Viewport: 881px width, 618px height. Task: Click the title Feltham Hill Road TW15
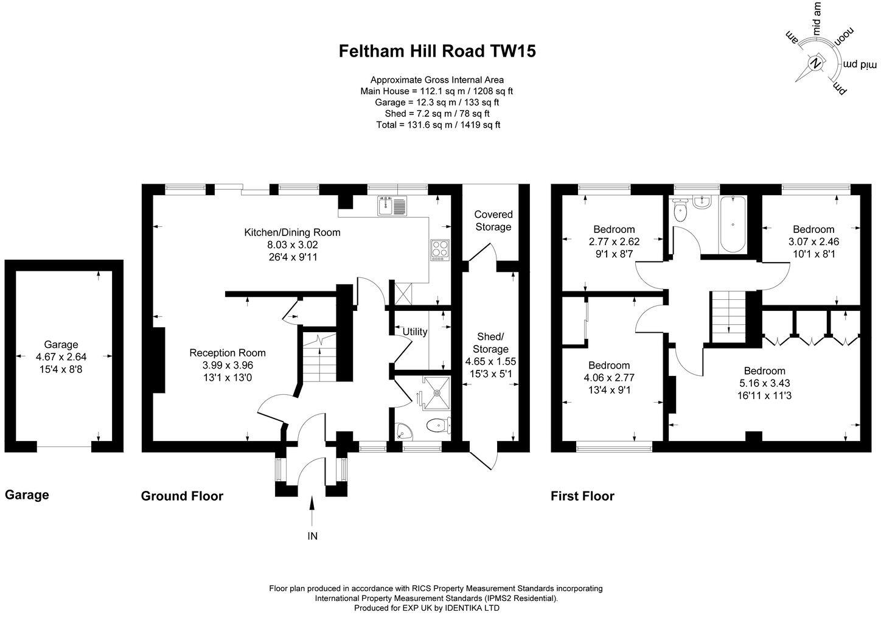pyautogui.click(x=437, y=51)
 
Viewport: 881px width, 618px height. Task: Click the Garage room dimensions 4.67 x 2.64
pyautogui.click(x=65, y=357)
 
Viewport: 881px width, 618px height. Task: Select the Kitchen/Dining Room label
pyautogui.click(x=292, y=232)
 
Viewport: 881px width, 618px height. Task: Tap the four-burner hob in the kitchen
pyautogui.click(x=439, y=249)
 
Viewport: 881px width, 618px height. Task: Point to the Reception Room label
pyautogui.click(x=228, y=353)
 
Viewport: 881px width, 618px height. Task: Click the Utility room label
pyautogui.click(x=414, y=332)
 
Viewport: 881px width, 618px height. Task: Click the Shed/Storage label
pyautogui.click(x=490, y=343)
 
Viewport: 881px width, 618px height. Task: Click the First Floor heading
pyautogui.click(x=582, y=496)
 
